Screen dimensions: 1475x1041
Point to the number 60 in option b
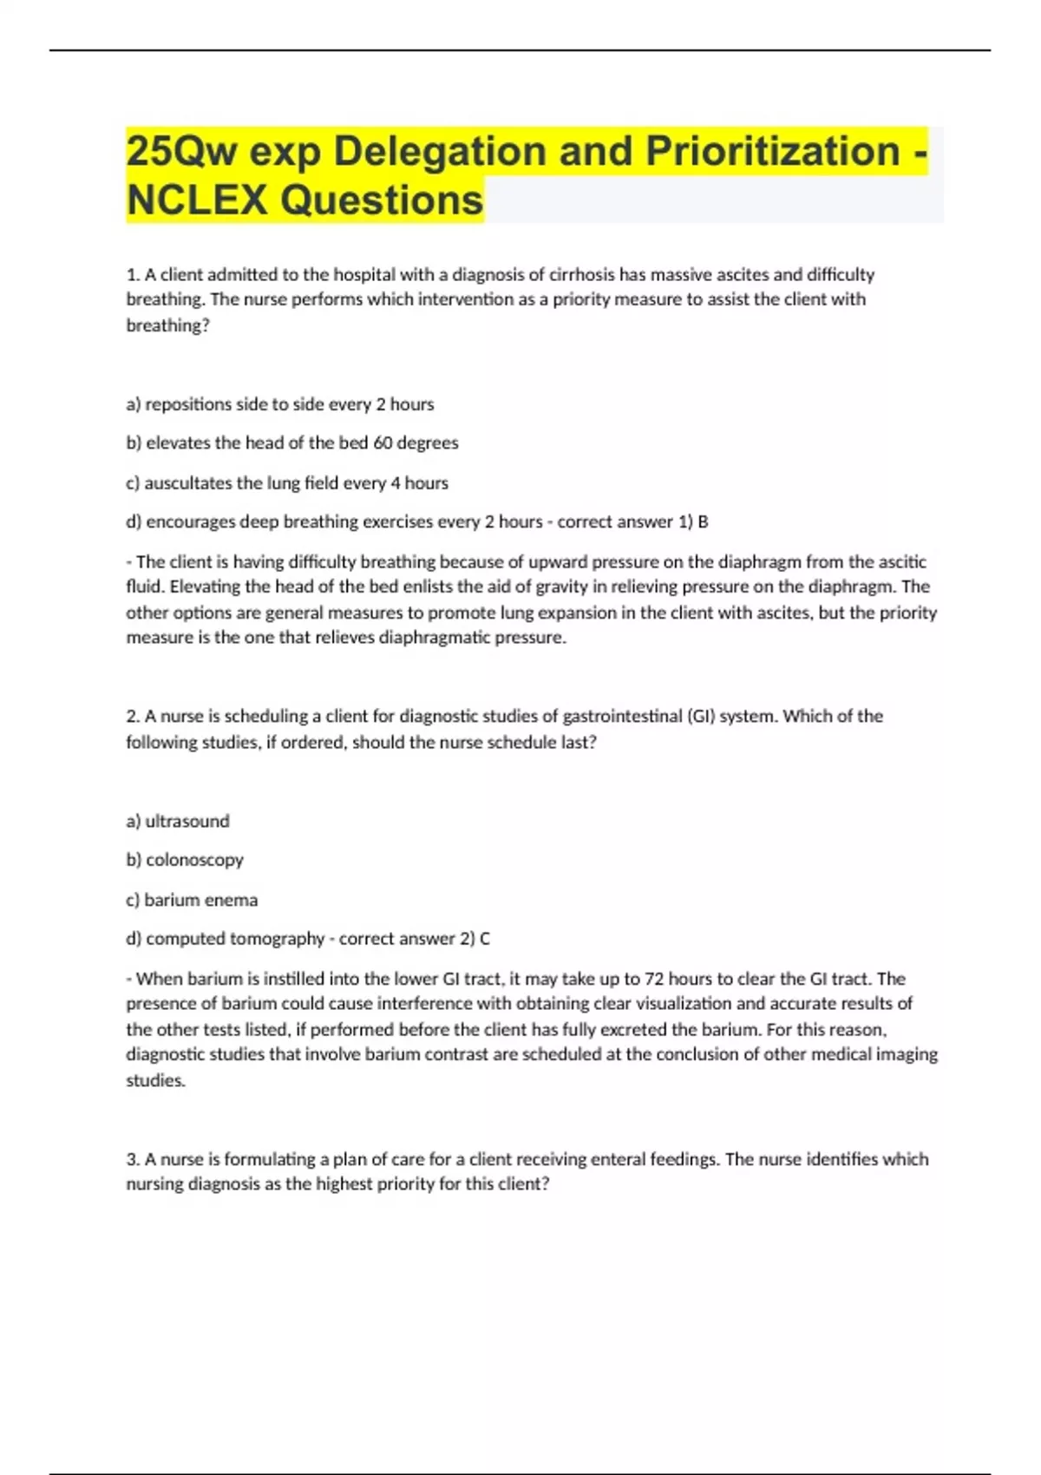click(x=383, y=442)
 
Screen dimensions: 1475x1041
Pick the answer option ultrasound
click(x=187, y=821)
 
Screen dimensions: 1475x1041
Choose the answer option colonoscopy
click(x=194, y=860)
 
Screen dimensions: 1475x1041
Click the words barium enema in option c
click(x=200, y=900)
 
